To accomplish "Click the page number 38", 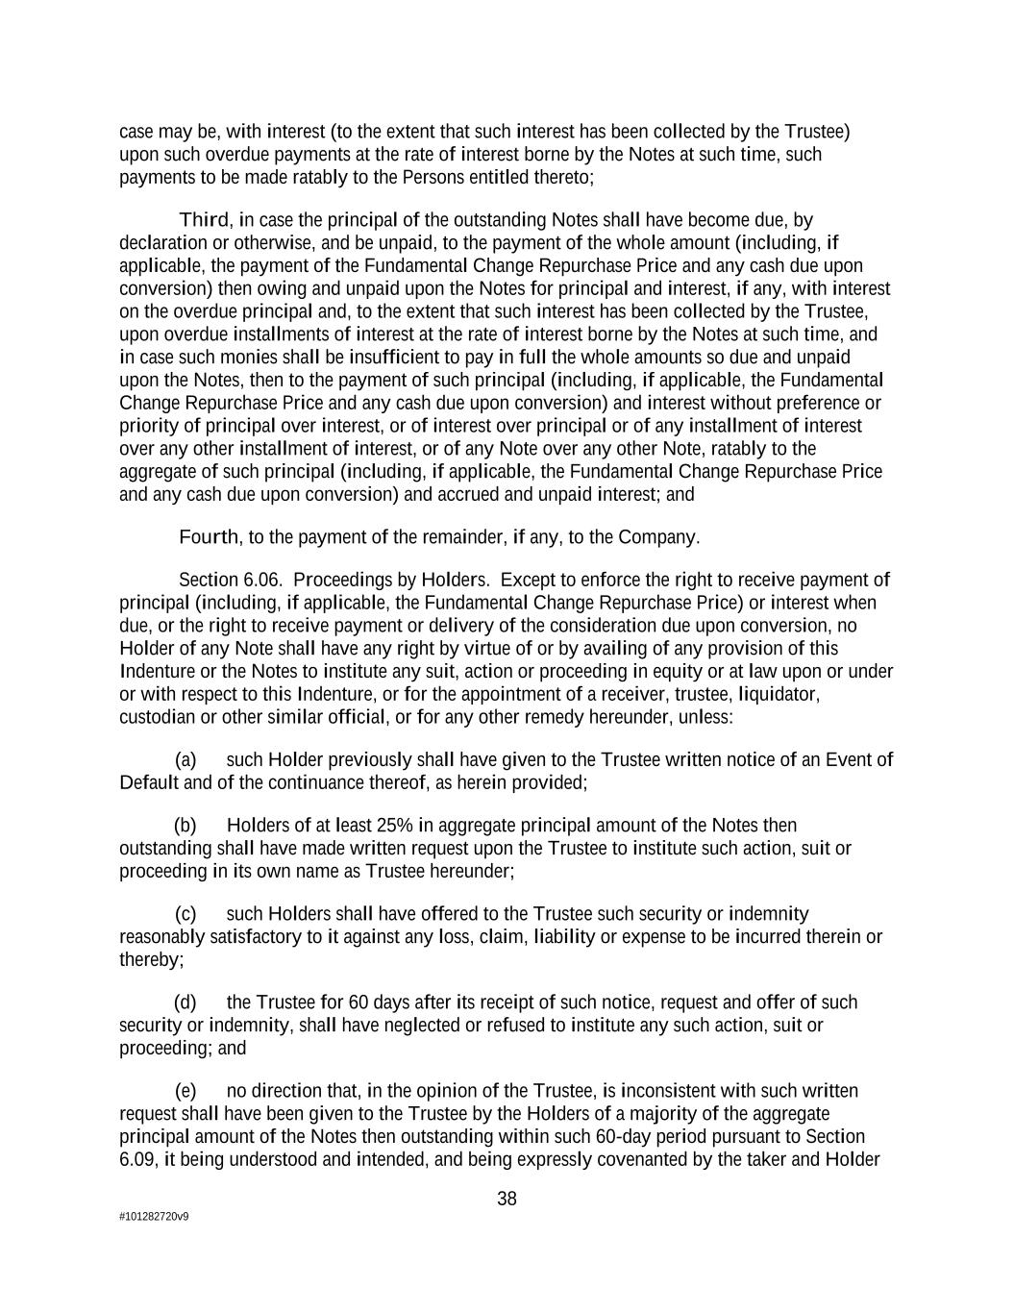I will coord(507,1199).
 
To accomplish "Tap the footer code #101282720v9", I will coord(154,1217).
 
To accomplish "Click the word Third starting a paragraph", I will coord(204,220).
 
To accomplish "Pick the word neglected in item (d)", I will coord(422,1026).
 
